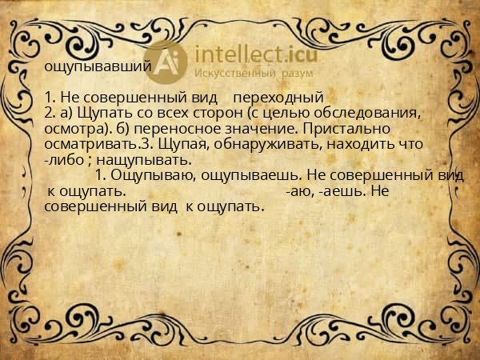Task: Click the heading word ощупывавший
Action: pyautogui.click(x=97, y=67)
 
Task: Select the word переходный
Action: pyautogui.click(x=277, y=98)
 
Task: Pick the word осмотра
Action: pyautogui.click(x=71, y=130)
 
